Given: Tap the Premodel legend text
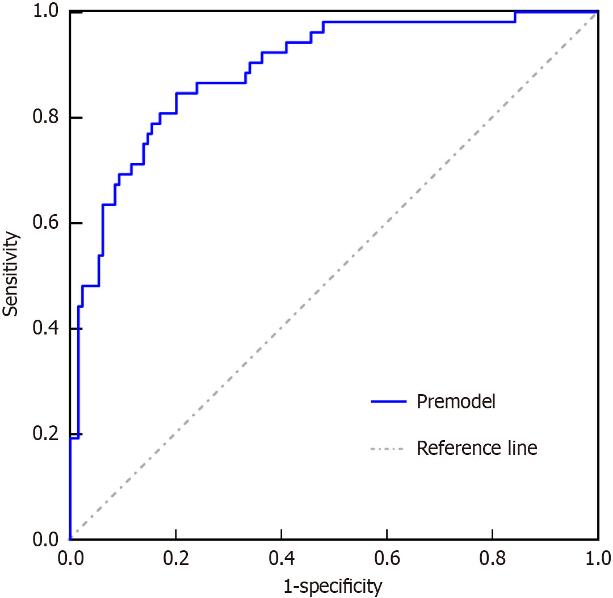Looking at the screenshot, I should (x=456, y=402).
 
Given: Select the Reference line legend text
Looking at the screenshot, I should (x=476, y=448).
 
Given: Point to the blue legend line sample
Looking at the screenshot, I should (x=389, y=402).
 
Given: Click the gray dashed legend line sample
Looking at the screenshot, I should (x=387, y=449).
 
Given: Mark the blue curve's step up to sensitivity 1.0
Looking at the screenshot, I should (x=515, y=16).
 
